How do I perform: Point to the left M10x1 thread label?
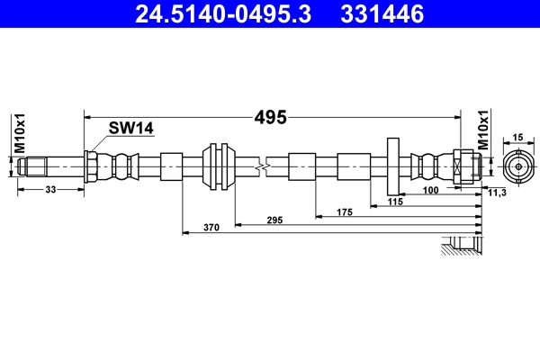pyautogui.click(x=19, y=134)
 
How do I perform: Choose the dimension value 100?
pyautogui.click(x=430, y=191)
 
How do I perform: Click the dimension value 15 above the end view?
pyautogui.click(x=517, y=137)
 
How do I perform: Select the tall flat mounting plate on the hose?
pyautogui.click(x=393, y=166)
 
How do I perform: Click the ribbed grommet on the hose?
pyautogui.click(x=217, y=166)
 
